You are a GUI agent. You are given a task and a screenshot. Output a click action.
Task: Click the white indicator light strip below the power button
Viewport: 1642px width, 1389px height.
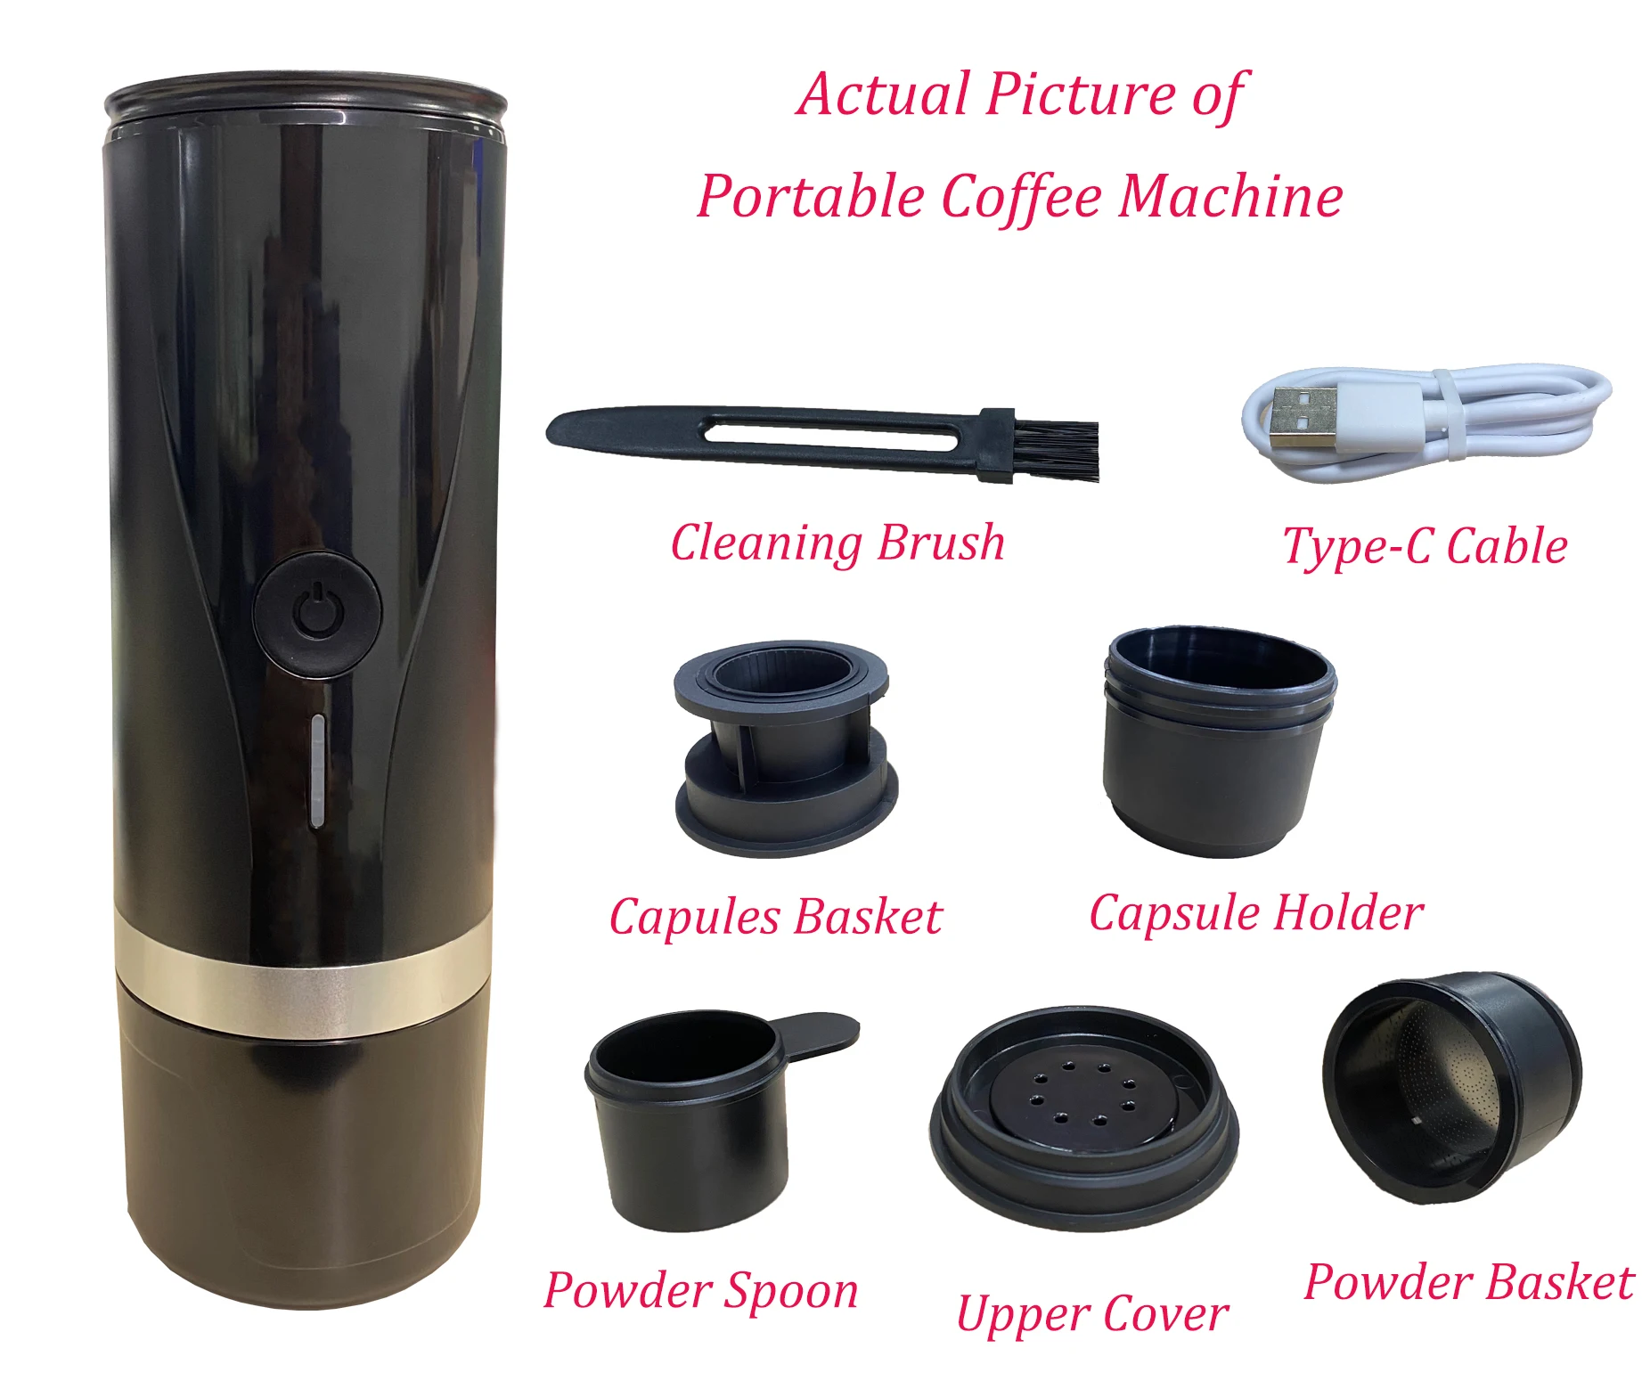tap(317, 771)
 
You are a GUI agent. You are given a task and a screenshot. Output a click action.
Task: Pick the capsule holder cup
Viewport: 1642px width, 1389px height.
tap(1219, 741)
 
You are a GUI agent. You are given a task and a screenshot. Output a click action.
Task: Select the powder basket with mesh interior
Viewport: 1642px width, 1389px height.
tap(1452, 1087)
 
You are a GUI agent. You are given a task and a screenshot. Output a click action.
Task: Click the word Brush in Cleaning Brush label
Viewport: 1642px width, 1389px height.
tap(942, 543)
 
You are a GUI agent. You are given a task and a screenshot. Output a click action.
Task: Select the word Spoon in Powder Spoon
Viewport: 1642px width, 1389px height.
tap(791, 1292)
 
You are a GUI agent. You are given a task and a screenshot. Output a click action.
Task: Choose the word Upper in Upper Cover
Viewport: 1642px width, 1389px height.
tap(1023, 1316)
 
